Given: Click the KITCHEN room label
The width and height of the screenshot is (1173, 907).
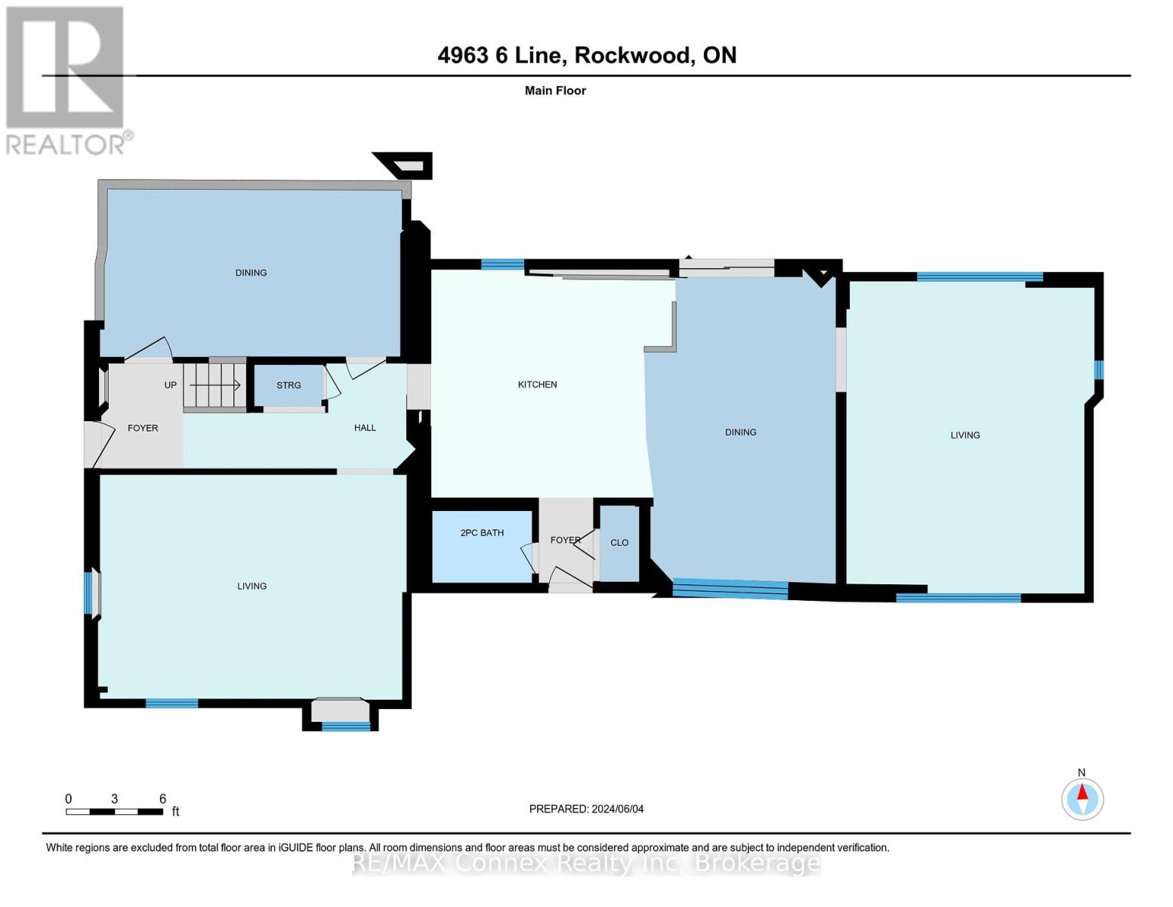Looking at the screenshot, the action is (x=537, y=385).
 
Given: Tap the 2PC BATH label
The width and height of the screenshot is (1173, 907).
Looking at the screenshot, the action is (x=482, y=533).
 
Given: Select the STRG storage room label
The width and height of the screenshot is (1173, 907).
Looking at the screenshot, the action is (x=289, y=385).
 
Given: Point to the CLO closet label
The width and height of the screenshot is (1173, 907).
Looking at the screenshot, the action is (x=619, y=543).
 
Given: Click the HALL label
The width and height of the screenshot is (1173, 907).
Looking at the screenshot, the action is (x=365, y=428).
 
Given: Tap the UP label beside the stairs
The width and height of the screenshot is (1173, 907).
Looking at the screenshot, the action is (x=171, y=385).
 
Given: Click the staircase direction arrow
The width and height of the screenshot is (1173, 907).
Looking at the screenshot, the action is (x=215, y=385).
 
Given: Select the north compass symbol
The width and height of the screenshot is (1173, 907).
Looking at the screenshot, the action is (x=1082, y=799).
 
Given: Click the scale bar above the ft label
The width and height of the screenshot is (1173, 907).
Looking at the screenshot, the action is (x=115, y=811).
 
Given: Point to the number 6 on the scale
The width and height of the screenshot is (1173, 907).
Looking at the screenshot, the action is (x=162, y=798).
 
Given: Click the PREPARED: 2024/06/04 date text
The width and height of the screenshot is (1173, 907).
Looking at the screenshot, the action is (x=586, y=809).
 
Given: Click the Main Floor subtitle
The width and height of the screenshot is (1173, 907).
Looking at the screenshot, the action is (x=555, y=91).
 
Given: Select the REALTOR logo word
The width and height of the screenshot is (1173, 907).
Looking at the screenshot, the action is (x=66, y=145).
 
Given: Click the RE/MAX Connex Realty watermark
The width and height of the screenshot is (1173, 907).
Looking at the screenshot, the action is (x=586, y=863).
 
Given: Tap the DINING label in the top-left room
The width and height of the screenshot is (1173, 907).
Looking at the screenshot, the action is (x=251, y=273).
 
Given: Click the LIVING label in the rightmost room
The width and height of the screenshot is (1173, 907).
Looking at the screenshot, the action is (x=965, y=435).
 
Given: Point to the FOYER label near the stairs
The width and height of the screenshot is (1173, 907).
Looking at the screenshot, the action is (x=143, y=428).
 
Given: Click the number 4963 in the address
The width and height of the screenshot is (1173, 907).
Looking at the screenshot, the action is (x=463, y=55).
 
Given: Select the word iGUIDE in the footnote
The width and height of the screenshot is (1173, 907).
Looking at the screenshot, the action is (x=295, y=847).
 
